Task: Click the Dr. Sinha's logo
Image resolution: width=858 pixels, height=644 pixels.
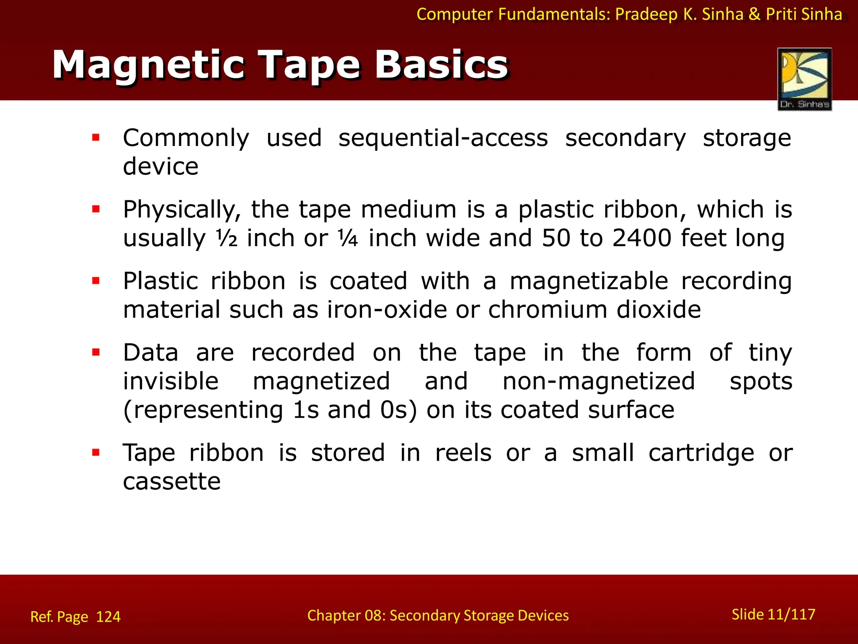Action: coord(804,79)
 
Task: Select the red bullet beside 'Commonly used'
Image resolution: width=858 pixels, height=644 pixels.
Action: coord(96,138)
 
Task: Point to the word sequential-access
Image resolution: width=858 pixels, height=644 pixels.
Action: coord(443,138)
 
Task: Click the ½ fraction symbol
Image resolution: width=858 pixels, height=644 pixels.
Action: coord(227,239)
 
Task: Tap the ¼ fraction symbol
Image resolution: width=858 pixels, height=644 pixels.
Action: coord(348,239)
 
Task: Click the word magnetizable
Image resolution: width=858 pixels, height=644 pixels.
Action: coord(589,281)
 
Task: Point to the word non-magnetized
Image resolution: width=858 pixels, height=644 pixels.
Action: coord(599,381)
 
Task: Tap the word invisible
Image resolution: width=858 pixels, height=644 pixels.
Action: coord(171,381)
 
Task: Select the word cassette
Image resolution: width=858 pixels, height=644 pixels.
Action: coord(172,481)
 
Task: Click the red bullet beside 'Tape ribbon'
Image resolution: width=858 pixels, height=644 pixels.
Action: coord(96,453)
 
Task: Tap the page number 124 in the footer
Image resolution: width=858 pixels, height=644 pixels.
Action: coord(108,617)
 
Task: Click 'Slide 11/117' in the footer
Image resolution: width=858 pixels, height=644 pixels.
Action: coord(773,615)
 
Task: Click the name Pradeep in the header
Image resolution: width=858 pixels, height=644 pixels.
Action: coord(646,14)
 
